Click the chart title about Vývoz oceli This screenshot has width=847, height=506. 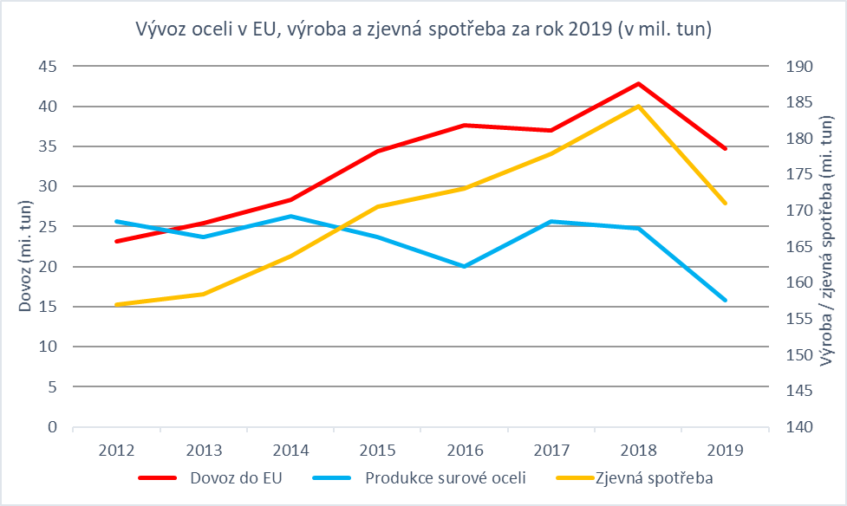tap(423, 30)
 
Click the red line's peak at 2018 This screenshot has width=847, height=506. tap(639, 84)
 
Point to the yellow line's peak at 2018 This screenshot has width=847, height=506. tap(639, 107)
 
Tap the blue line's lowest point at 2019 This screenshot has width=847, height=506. tap(726, 300)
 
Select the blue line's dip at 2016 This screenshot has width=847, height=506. tap(465, 266)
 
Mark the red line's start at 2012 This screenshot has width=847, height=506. tap(117, 241)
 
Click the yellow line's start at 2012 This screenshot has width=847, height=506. tap(117, 304)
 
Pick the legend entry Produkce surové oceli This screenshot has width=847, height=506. tap(446, 477)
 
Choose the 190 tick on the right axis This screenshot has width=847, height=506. tap(797, 67)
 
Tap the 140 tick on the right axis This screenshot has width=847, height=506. tap(797, 427)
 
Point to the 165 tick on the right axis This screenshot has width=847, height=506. tap(797, 247)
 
